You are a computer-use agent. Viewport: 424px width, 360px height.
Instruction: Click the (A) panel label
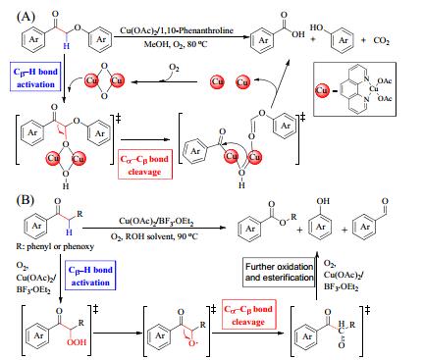click(x=26, y=16)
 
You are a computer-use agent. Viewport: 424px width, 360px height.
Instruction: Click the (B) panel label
click(x=26, y=199)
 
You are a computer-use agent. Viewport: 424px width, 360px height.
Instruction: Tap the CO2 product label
click(x=381, y=40)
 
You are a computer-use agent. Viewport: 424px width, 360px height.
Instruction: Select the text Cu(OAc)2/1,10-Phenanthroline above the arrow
click(x=177, y=30)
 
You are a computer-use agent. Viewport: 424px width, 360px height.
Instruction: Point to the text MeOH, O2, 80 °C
click(x=176, y=44)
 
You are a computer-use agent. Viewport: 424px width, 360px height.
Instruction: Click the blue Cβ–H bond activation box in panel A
click(x=35, y=77)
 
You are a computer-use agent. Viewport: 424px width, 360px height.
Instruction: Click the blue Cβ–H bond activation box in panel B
click(x=90, y=276)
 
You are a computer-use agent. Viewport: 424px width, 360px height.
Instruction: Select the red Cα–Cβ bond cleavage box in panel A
click(x=144, y=165)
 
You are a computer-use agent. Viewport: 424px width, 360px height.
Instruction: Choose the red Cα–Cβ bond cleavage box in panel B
click(x=248, y=315)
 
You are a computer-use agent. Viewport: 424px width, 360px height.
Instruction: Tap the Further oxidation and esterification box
click(x=279, y=272)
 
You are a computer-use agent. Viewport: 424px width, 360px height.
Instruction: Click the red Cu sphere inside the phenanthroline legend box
click(x=322, y=90)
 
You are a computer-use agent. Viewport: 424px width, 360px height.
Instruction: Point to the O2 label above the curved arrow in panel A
click(x=174, y=68)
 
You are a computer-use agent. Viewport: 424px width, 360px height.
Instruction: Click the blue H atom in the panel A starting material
click(x=67, y=46)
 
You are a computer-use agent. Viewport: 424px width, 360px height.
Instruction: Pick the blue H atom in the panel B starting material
click(x=69, y=231)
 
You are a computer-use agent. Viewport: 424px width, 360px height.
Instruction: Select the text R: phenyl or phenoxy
click(x=55, y=246)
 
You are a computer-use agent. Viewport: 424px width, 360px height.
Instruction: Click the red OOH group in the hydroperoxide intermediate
click(x=77, y=342)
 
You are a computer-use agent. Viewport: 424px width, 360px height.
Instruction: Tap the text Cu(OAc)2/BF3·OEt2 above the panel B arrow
click(x=157, y=222)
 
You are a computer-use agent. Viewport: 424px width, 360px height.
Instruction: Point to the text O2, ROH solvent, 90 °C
click(x=154, y=236)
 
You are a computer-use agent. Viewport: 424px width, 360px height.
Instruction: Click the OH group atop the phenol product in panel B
click(x=323, y=201)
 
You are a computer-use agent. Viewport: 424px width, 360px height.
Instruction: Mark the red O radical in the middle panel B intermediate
click(x=191, y=343)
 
